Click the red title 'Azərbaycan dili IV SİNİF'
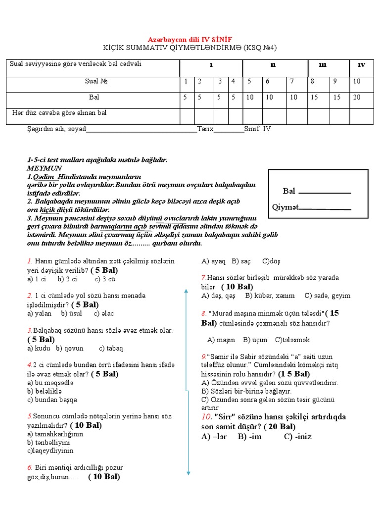(190, 39)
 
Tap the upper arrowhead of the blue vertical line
(186, 291)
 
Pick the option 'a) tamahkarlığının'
(55, 434)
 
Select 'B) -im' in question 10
(249, 437)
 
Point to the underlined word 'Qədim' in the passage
(44, 177)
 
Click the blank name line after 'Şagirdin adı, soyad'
(142, 129)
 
